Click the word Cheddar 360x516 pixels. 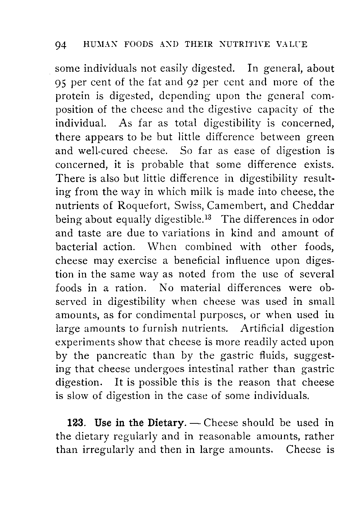pos(313,205)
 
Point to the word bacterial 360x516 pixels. pos(77,247)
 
